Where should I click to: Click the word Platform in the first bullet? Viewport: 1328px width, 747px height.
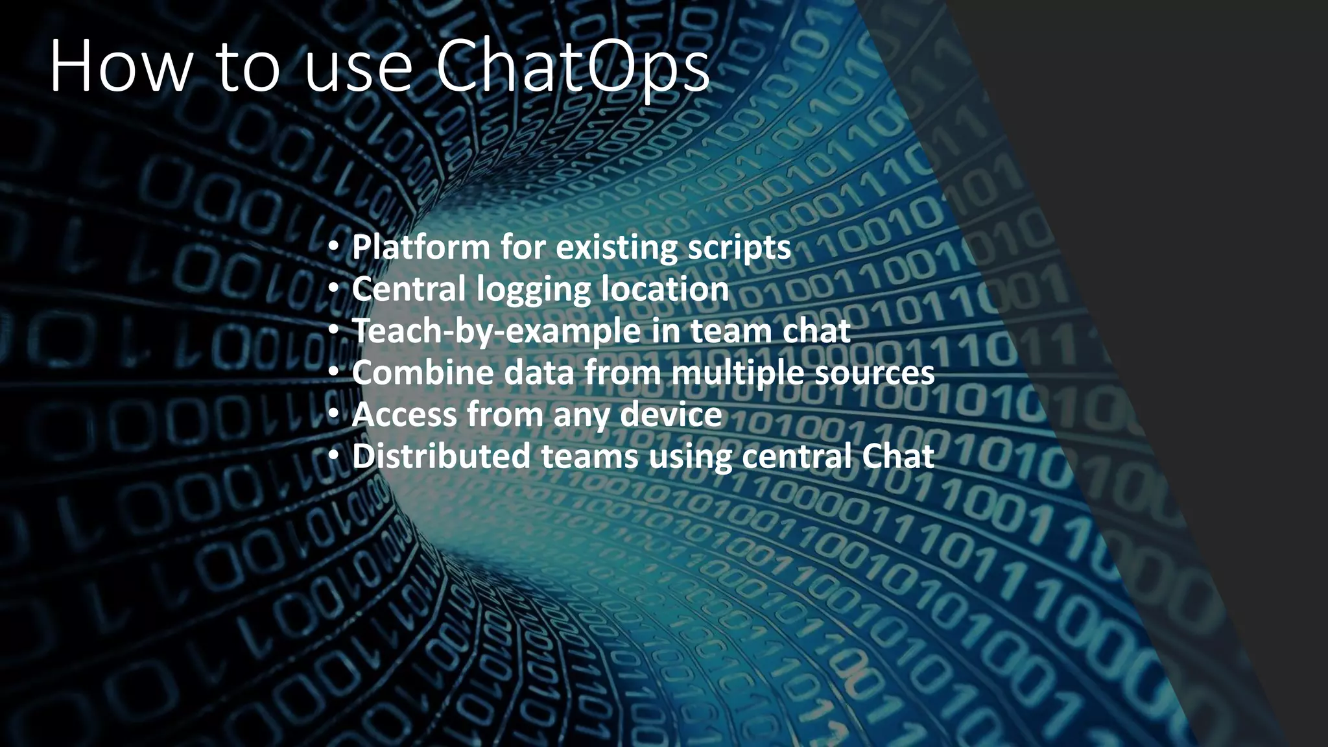pyautogui.click(x=421, y=247)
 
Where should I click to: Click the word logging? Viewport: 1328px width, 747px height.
pyautogui.click(x=533, y=290)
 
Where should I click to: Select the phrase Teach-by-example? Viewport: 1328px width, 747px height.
pyautogui.click(x=497, y=331)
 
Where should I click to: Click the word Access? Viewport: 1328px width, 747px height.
pyautogui.click(x=403, y=414)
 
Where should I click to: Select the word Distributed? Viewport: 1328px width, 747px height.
pyautogui.click(x=441, y=456)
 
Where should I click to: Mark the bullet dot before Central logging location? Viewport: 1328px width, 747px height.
pyautogui.click(x=333, y=289)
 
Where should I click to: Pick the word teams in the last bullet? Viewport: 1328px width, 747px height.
pyautogui.click(x=590, y=456)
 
